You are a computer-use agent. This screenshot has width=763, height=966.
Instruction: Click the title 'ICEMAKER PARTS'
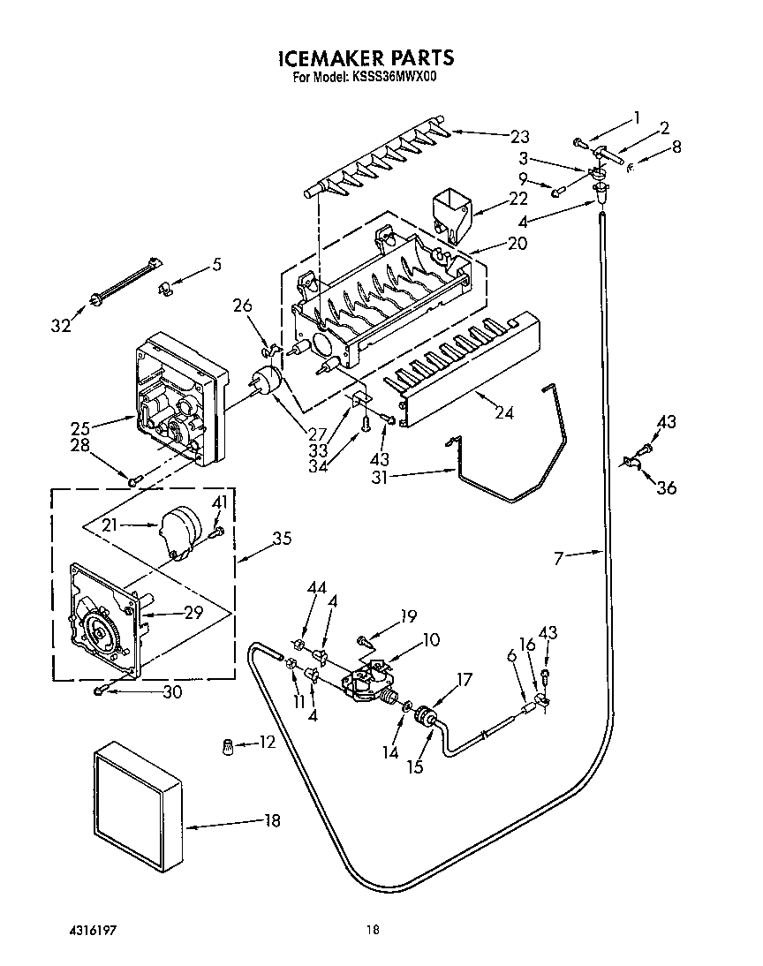[x=366, y=59]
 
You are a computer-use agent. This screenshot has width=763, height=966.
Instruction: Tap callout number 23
[x=519, y=136]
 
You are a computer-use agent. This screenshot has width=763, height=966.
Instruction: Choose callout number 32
[x=60, y=326]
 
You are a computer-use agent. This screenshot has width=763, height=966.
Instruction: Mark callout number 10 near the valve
[x=431, y=638]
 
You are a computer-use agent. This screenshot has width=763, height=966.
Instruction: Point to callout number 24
[x=504, y=411]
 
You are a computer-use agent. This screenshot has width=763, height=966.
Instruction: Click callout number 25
[x=82, y=429]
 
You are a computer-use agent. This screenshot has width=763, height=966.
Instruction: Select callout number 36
[x=667, y=487]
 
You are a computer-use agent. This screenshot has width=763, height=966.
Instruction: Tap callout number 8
[x=676, y=147]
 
